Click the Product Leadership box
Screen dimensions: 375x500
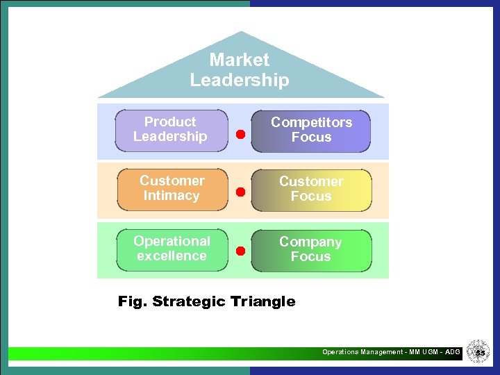[171, 130]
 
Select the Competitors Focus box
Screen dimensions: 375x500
[311, 130]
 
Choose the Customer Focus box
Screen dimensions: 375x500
[311, 189]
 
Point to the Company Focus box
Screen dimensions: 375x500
[311, 249]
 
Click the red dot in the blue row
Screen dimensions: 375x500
[240, 134]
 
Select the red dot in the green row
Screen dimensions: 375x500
[240, 251]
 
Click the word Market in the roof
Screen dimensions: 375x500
[240, 60]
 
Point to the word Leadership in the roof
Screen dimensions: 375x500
[240, 80]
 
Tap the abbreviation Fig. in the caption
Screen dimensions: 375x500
[133, 301]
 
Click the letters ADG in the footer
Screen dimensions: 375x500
[452, 352]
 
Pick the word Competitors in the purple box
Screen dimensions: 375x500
[311, 122]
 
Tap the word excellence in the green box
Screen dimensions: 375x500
[172, 256]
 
